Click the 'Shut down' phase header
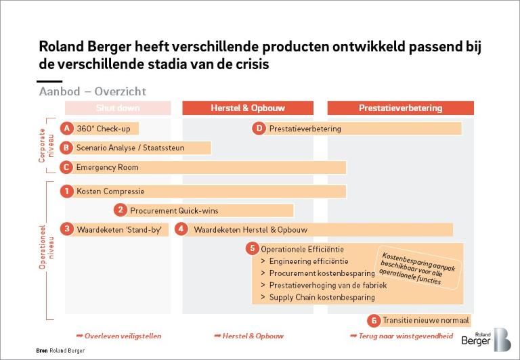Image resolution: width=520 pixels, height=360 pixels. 118,108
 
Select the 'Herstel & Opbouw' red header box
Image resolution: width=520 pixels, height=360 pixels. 248,108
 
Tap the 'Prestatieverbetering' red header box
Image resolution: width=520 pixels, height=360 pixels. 400,108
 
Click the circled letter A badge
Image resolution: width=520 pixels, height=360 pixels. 66,129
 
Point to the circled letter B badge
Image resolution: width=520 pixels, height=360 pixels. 66,148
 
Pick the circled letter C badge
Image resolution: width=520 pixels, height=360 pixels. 66,167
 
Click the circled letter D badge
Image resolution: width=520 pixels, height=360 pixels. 259,129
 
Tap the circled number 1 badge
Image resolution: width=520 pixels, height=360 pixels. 66,192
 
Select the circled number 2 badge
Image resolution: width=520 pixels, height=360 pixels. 120,210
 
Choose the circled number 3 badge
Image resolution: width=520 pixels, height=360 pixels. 66,229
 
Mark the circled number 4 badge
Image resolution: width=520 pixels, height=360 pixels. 181,229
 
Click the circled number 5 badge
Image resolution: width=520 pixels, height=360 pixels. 251,249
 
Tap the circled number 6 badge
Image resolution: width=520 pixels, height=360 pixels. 373,321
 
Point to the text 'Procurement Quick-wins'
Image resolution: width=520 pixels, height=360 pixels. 174,210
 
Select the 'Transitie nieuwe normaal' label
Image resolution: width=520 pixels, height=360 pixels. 425,321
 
